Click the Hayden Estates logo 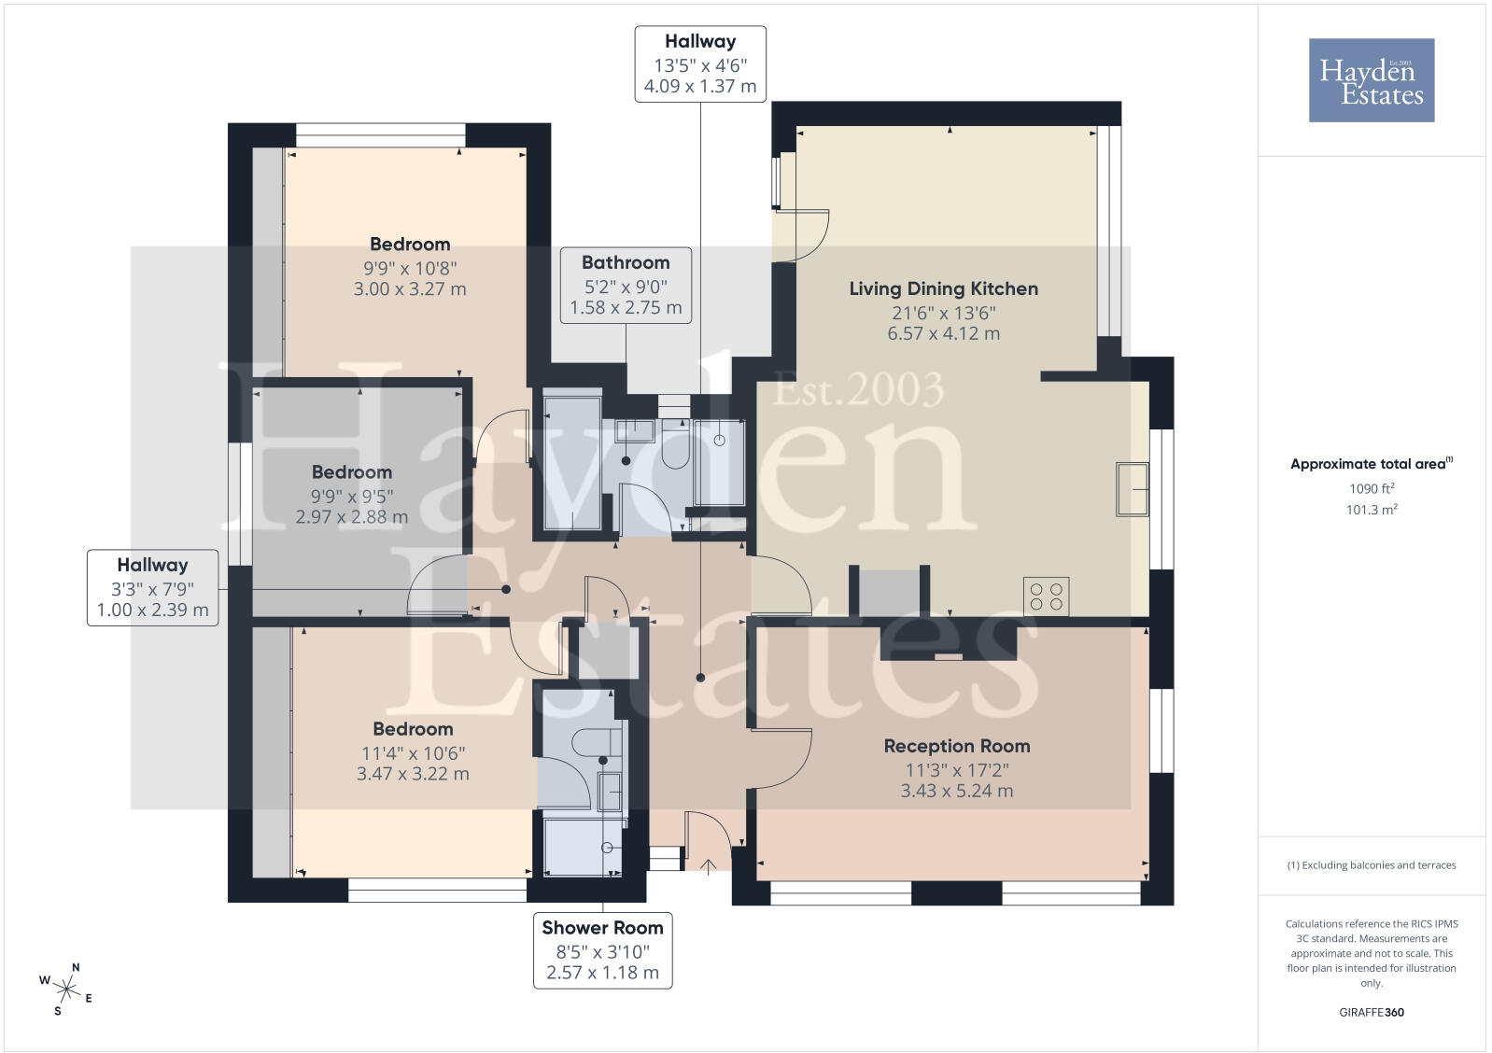tap(1371, 80)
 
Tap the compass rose tap(66, 990)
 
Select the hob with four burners tap(1046, 597)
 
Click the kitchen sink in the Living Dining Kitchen tap(1133, 489)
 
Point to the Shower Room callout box tap(602, 949)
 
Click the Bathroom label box tap(626, 285)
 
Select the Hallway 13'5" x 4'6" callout tap(700, 63)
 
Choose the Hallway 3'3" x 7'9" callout tap(152, 587)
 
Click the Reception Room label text tap(956, 746)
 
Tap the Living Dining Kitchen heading tap(943, 288)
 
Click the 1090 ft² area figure tap(1372, 488)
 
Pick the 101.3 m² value tap(1372, 510)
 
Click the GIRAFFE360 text tap(1372, 1012)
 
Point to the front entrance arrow tap(708, 866)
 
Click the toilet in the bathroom tap(675, 445)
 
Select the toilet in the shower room tap(597, 742)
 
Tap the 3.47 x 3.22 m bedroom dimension tap(413, 773)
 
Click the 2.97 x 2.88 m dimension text tap(352, 516)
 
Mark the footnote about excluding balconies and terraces tap(1372, 865)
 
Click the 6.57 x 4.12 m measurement tap(943, 333)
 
